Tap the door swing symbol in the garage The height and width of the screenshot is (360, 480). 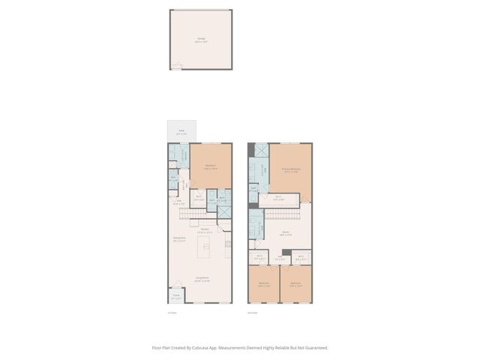click(x=177, y=66)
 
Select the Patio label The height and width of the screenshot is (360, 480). click(x=181, y=131)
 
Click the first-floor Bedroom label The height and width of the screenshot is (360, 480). click(x=211, y=166)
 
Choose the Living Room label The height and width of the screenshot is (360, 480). click(x=202, y=279)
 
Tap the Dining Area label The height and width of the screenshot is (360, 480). click(x=179, y=239)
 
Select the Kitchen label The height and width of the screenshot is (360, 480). click(x=203, y=231)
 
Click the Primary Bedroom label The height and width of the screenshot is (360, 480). click(x=291, y=170)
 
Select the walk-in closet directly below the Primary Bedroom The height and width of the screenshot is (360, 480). click(x=277, y=199)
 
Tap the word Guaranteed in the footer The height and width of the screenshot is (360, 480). click(x=314, y=348)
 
